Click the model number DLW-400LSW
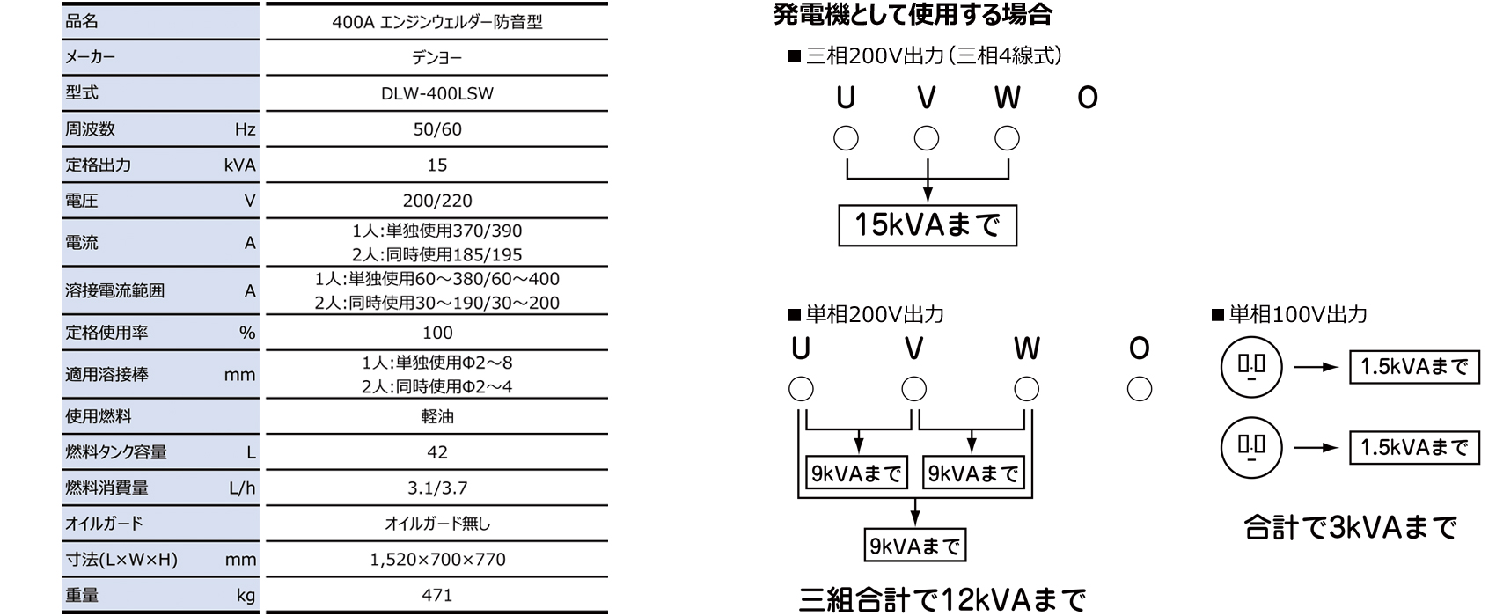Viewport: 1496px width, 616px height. point(436,93)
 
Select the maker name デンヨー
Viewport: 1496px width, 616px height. point(436,58)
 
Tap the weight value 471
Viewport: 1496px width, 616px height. point(436,595)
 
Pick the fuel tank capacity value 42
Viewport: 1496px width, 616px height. point(436,452)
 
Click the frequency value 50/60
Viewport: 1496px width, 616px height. point(436,129)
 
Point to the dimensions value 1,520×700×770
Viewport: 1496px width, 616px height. point(436,559)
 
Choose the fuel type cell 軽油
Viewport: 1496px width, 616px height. point(436,416)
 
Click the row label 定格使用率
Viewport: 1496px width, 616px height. point(106,333)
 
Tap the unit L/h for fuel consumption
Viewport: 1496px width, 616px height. point(241,488)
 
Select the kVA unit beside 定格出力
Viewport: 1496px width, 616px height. point(239,165)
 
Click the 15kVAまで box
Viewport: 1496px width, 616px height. point(927,225)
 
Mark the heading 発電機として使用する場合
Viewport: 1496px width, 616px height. point(913,15)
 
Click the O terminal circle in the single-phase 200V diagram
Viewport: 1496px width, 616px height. point(1139,389)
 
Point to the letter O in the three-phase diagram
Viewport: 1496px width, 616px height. point(1088,98)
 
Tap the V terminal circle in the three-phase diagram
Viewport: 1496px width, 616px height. point(926,138)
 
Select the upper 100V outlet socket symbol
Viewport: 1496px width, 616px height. point(1250,367)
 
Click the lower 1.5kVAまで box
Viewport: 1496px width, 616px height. point(1414,447)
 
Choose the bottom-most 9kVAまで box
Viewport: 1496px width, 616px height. point(914,546)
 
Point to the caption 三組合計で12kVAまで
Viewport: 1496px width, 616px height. point(942,600)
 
